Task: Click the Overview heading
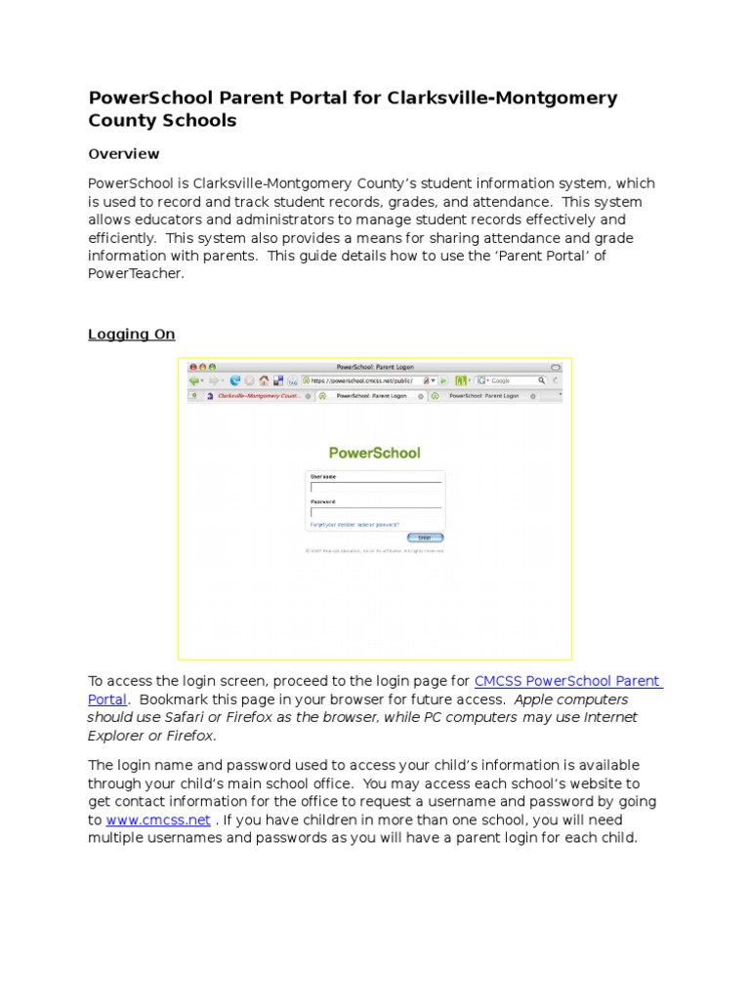click(x=124, y=154)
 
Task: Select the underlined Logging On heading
click(x=132, y=335)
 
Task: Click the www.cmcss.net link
click(x=158, y=820)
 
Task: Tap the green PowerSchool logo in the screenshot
click(x=375, y=453)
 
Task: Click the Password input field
click(x=376, y=511)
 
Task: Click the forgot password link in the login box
click(x=354, y=525)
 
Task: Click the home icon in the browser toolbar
click(x=264, y=380)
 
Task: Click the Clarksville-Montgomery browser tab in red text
click(x=258, y=397)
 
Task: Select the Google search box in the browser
click(x=512, y=380)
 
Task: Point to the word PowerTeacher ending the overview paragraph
click(x=135, y=274)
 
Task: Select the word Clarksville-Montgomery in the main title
click(x=502, y=99)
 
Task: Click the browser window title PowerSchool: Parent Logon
click(x=375, y=366)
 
